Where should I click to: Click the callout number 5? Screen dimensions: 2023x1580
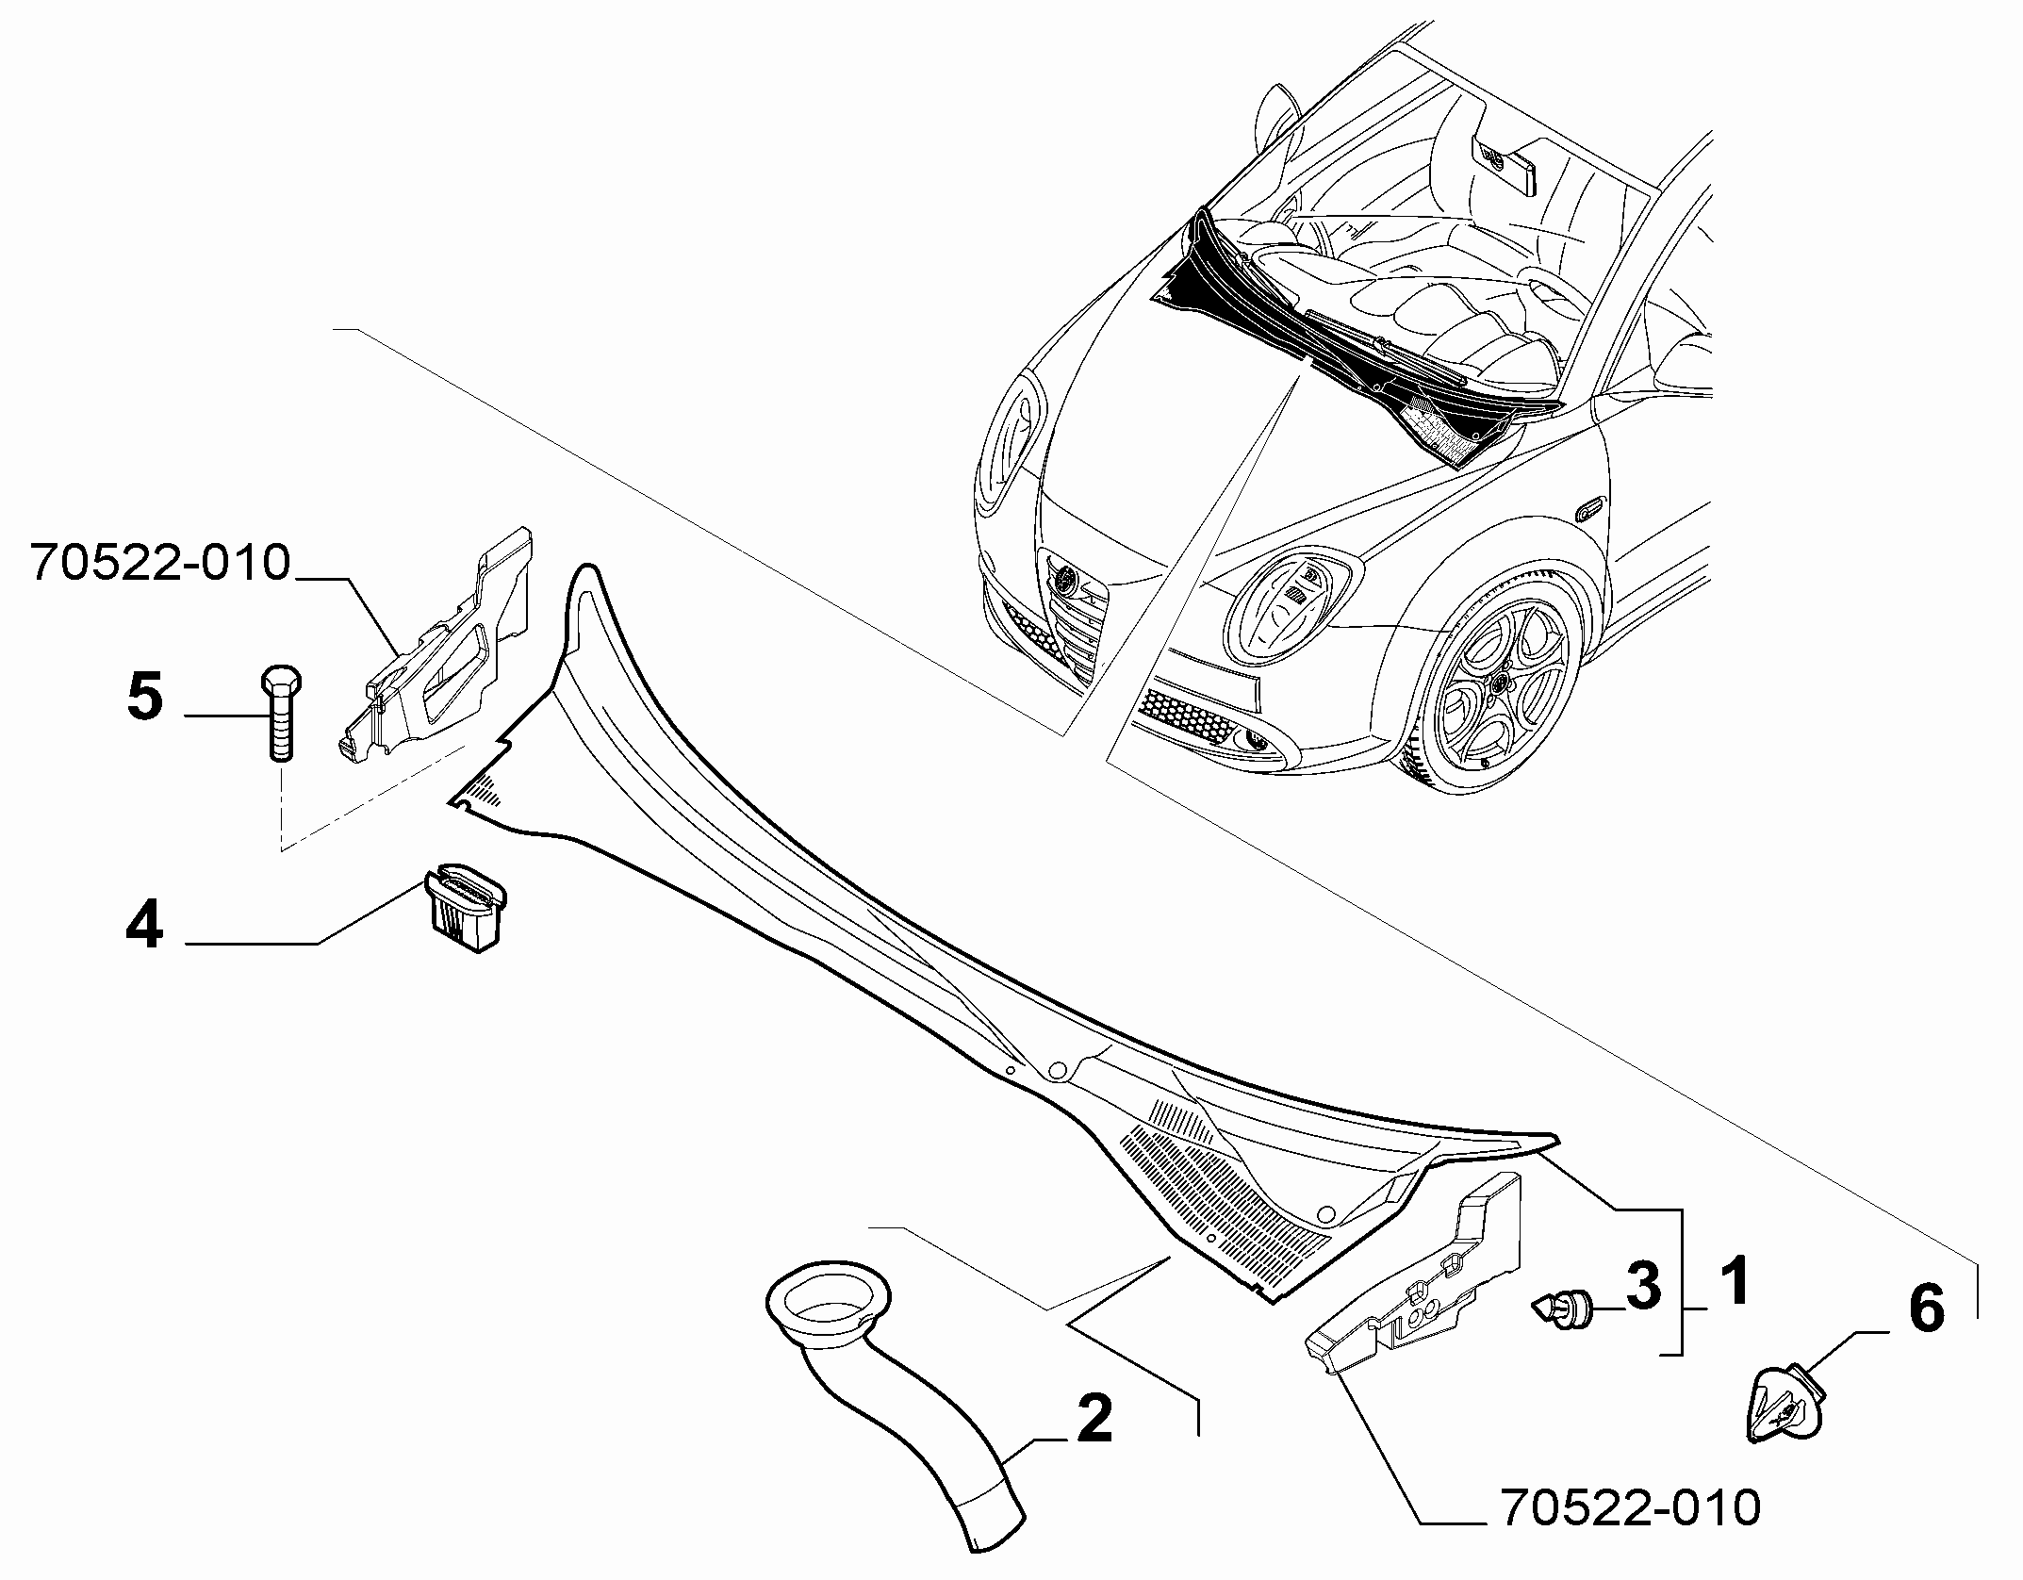pyautogui.click(x=145, y=698)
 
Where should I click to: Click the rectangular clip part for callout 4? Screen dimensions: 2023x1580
pyautogui.click(x=466, y=907)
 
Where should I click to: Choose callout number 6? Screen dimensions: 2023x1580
pyautogui.click(x=1925, y=1309)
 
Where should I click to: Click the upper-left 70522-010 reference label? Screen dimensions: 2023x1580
pyautogui.click(x=159, y=563)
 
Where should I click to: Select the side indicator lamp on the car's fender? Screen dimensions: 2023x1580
pyautogui.click(x=1590, y=509)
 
